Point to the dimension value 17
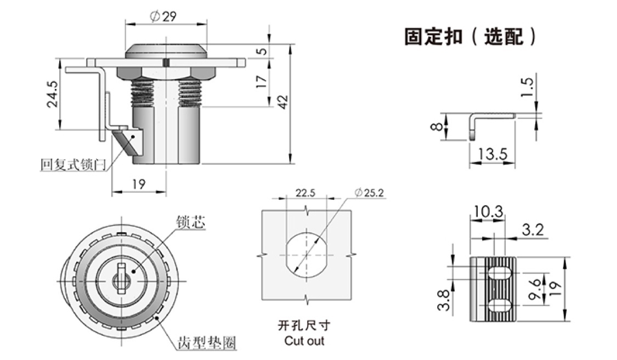pyautogui.click(x=262, y=82)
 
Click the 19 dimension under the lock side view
pyautogui.click(x=138, y=185)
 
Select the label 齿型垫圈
pyautogui.click(x=207, y=344)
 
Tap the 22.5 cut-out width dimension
pyautogui.click(x=305, y=193)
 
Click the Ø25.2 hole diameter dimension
pyautogui.click(x=369, y=193)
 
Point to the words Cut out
pyautogui.click(x=304, y=341)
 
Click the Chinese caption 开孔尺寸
pyautogui.click(x=304, y=326)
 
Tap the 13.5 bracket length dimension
pyautogui.click(x=492, y=154)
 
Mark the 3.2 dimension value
pyautogui.click(x=532, y=230)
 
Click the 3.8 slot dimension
pyautogui.click(x=444, y=300)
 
